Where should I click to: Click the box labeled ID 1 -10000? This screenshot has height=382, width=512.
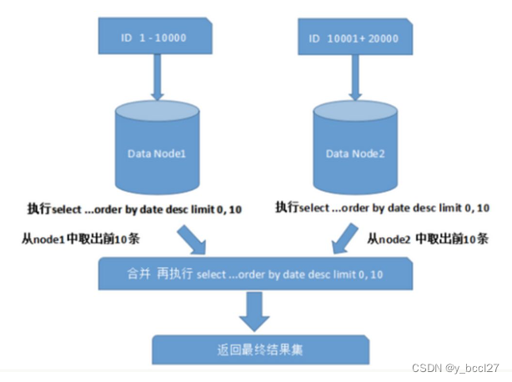[153, 38]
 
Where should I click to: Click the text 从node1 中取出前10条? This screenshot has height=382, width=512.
[80, 239]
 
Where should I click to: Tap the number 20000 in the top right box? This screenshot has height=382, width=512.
[384, 38]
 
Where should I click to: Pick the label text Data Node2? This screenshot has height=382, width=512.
[353, 153]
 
